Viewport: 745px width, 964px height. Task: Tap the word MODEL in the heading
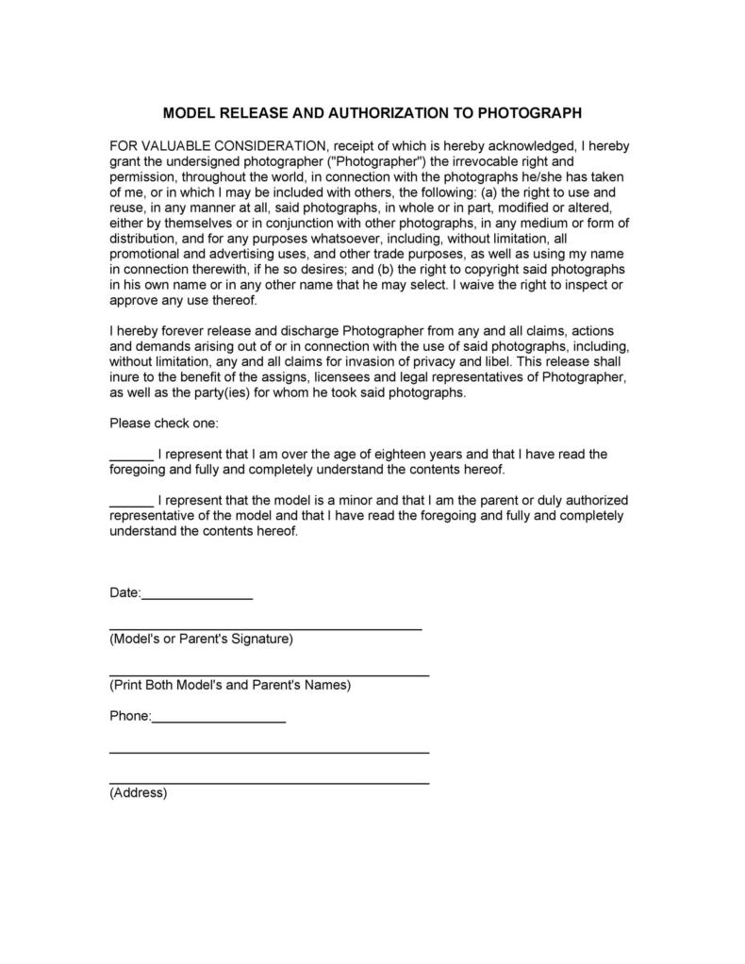click(189, 113)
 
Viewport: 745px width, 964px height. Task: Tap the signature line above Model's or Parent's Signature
click(265, 627)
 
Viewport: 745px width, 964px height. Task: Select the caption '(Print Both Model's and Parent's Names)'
click(230, 685)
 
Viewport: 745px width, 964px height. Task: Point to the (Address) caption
click(139, 793)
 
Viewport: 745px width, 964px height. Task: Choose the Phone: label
click(130, 716)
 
